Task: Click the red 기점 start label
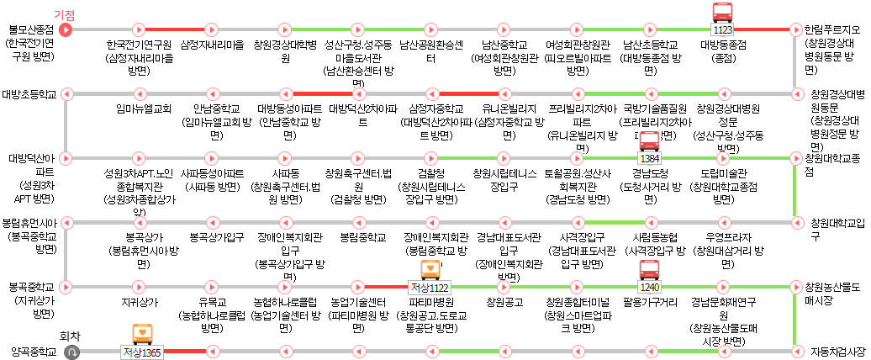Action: pyautogui.click(x=65, y=14)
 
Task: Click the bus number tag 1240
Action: pyautogui.click(x=650, y=286)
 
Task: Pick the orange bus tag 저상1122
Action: pyautogui.click(x=430, y=287)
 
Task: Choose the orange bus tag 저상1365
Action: pyautogui.click(x=141, y=352)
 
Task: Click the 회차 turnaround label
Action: pyautogui.click(x=72, y=336)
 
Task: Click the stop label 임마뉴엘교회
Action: pyautogui.click(x=144, y=109)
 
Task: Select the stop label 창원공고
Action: pyautogui.click(x=504, y=301)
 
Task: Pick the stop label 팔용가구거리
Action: pyautogui.click(x=650, y=301)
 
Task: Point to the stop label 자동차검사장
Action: pyautogui.click(x=836, y=351)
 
